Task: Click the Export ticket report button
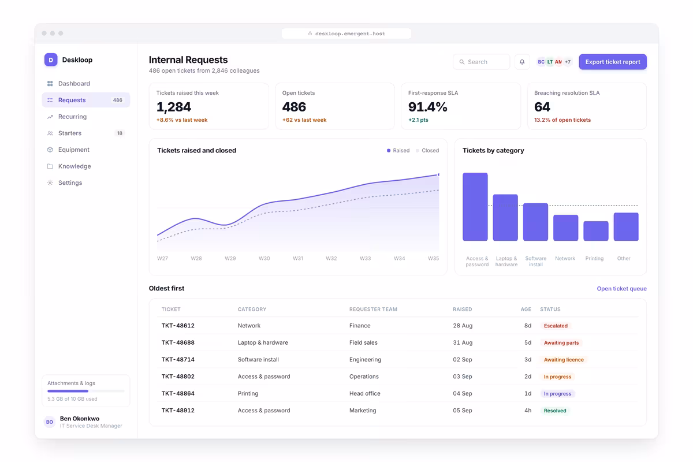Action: (613, 62)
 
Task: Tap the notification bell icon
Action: (522, 62)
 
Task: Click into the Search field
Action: (482, 62)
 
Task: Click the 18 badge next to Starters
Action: (120, 133)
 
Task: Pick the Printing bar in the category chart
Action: (595, 231)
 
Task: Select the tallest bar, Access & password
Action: (475, 207)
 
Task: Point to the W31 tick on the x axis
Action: (297, 258)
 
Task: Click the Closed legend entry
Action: (427, 150)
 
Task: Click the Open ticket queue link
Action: (621, 288)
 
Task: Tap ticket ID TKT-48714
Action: (178, 360)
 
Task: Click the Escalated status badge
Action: (556, 326)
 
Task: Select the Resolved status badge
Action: (555, 411)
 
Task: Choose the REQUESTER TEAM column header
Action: (373, 309)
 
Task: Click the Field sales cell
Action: (363, 342)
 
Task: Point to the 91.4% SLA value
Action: (427, 107)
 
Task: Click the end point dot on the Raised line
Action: (438, 175)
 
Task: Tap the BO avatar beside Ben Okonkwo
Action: (50, 422)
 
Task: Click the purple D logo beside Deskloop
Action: (51, 59)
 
